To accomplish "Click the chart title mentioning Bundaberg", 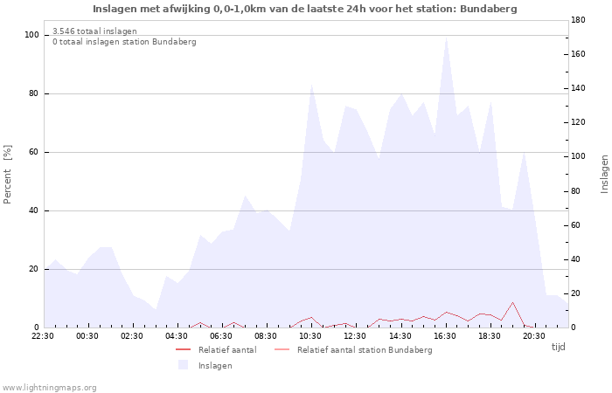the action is (305, 9).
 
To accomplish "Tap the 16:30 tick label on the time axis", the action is (445, 336).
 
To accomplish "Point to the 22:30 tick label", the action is (43, 336).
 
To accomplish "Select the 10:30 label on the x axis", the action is (310, 336).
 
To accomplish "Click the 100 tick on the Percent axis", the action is (31, 35).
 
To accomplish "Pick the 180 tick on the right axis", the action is (578, 20).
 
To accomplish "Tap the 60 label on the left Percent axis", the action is (33, 152).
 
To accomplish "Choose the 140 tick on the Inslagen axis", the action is (578, 88).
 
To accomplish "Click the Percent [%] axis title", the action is (7, 175).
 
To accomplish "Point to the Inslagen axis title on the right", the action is (604, 175).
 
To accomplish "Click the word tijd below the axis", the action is (559, 347).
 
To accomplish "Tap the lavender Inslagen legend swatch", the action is (183, 365).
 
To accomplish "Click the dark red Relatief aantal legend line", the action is (183, 349).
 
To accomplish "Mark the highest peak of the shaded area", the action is (446, 37).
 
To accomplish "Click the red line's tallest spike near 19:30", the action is (512, 302).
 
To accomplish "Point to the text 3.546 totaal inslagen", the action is (94, 31).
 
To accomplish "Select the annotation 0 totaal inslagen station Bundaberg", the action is (124, 42).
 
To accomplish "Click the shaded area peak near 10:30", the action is (312, 85).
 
